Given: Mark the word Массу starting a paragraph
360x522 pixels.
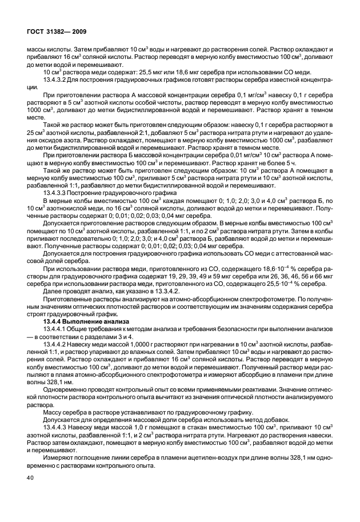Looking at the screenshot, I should click(x=53, y=411).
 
